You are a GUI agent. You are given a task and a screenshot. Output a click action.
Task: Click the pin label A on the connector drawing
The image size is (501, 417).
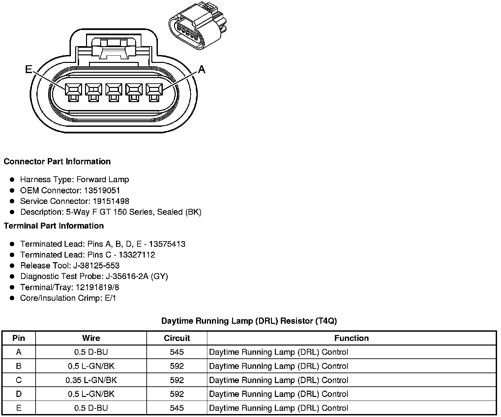[x=201, y=69]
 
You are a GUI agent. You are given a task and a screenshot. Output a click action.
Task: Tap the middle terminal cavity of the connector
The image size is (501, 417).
[x=114, y=89]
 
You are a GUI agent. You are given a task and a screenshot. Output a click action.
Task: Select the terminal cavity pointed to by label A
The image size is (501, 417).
[x=154, y=89]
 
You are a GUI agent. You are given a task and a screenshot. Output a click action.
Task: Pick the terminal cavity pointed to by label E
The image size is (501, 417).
[x=73, y=89]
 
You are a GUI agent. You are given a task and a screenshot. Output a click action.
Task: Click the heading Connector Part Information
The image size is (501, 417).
[x=57, y=161]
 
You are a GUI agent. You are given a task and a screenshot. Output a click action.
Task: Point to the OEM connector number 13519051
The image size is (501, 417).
[x=102, y=190]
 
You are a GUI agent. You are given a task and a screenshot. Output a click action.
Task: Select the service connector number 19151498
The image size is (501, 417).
[x=111, y=201]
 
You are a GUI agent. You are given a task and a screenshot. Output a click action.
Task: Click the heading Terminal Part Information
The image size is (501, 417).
[x=54, y=226]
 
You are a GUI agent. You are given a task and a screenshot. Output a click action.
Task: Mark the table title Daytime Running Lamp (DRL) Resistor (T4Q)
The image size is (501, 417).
[x=249, y=321]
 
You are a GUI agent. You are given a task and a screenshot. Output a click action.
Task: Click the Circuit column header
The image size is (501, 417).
[x=177, y=338]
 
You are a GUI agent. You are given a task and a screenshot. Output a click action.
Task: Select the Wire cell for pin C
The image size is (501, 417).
[x=91, y=380]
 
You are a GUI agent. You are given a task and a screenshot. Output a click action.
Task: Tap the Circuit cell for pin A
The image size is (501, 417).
[x=177, y=352]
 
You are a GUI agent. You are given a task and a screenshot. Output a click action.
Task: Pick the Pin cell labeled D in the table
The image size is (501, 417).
[x=19, y=394]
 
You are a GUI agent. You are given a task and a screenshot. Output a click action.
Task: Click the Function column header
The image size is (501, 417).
[x=351, y=338]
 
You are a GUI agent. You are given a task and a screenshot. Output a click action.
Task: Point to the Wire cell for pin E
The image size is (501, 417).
[x=91, y=408]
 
